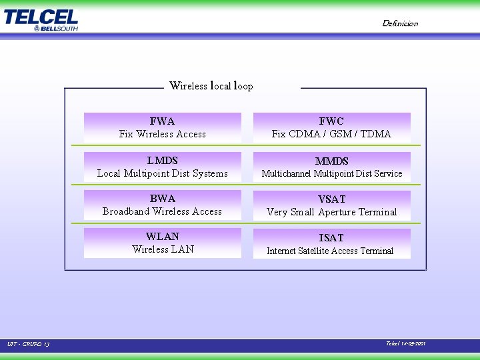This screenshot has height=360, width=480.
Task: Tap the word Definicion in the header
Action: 400,23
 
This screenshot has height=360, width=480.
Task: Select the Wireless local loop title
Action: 211,85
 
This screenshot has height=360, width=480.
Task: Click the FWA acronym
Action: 162,121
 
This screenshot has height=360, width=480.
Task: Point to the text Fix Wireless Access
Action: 163,134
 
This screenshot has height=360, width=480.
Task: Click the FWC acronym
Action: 331,121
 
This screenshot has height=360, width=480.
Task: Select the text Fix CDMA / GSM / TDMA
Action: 331,134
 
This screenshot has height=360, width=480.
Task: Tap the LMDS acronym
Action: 162,161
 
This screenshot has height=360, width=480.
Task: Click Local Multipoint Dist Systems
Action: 163,173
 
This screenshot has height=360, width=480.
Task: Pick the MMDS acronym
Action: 331,161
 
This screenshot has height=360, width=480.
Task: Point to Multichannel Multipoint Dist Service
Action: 332,173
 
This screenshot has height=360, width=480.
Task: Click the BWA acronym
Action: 162,199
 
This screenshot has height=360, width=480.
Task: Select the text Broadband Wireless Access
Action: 163,211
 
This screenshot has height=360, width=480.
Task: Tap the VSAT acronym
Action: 331,199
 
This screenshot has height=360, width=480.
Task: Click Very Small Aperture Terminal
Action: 331,212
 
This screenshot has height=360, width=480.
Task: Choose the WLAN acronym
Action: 163,237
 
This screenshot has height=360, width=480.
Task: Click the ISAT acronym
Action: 331,238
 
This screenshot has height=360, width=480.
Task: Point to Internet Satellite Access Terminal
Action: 330,251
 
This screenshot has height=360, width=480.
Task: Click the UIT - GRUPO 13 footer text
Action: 29,344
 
